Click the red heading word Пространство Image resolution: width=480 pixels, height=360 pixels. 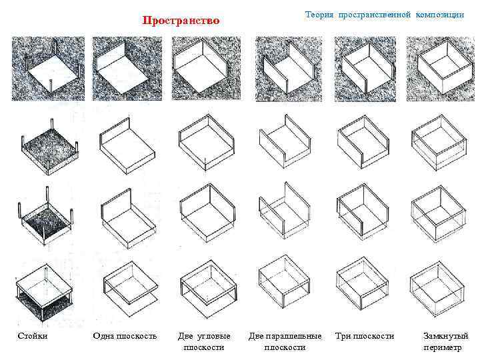pos(181,21)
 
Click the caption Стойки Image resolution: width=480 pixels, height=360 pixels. pos(32,336)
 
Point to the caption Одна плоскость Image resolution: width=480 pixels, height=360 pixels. pos(125,336)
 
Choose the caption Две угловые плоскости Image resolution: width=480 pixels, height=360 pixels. pos(207,341)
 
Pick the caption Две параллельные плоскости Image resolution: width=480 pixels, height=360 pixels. pos(285,341)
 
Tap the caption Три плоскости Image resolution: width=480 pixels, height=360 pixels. pos(364,336)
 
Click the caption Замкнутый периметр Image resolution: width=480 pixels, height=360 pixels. pos(445,341)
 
